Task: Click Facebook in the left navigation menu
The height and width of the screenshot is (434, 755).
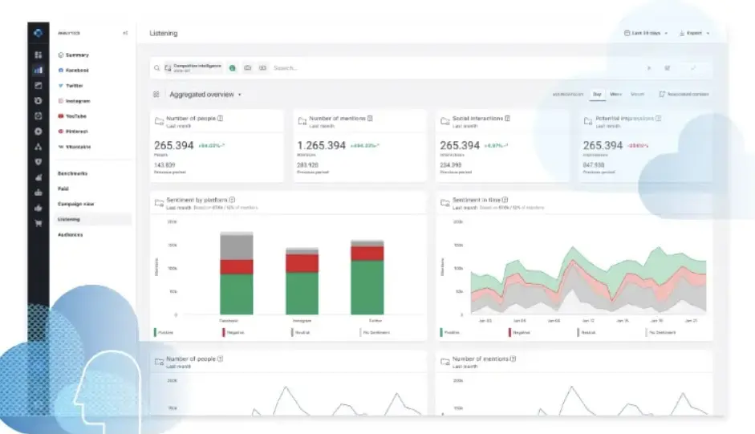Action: point(76,71)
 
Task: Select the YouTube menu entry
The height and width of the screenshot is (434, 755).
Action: point(76,116)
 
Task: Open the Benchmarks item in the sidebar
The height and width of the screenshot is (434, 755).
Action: point(72,173)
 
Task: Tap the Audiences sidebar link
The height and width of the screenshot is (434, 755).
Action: point(71,235)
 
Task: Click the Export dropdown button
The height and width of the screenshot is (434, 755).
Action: point(694,33)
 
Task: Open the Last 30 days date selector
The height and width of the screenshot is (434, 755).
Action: point(645,33)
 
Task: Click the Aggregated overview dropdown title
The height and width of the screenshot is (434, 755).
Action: point(204,95)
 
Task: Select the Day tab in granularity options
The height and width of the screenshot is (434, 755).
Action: point(597,95)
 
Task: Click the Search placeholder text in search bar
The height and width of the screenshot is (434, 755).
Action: point(286,68)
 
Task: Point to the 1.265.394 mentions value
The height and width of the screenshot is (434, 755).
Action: point(322,145)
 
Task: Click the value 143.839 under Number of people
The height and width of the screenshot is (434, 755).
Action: point(164,165)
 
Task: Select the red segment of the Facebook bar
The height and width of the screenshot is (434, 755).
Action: point(237,266)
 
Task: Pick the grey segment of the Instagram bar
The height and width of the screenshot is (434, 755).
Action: point(302,251)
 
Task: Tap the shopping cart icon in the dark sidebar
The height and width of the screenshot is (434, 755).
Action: point(38,224)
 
